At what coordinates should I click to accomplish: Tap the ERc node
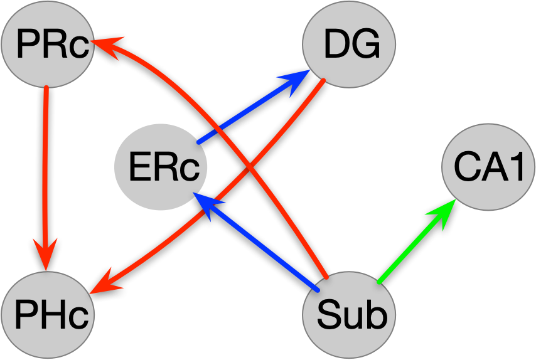[161, 167]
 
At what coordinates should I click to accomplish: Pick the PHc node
[48, 314]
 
